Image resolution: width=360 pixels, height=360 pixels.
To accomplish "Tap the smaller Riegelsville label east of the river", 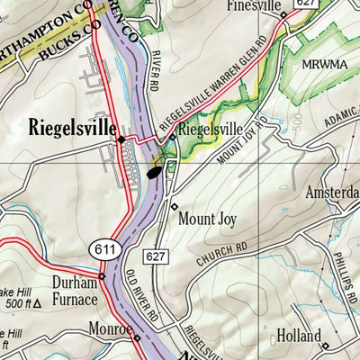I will [212, 129].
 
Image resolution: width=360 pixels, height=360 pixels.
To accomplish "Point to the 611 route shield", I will [100, 247].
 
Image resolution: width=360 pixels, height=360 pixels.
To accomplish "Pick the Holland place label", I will [298, 336].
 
